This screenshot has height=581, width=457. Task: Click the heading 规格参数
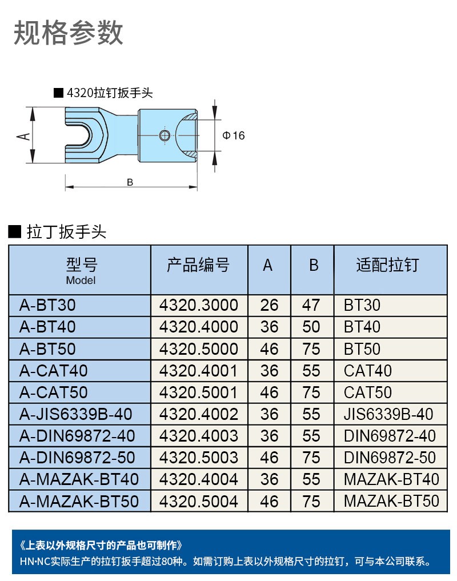pyautogui.click(x=69, y=33)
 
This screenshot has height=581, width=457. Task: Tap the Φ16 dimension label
pyautogui.click(x=233, y=135)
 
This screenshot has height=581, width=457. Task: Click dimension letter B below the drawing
pyautogui.click(x=130, y=182)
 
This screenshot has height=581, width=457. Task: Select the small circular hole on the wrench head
pyautogui.click(x=165, y=135)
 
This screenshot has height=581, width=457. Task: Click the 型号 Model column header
pyautogui.click(x=81, y=270)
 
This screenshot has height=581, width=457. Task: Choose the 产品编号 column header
pyautogui.click(x=198, y=265)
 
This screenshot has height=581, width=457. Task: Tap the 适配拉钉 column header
pyautogui.click(x=387, y=265)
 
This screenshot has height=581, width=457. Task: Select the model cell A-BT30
pyautogui.click(x=47, y=305)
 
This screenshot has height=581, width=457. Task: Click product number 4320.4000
pyautogui.click(x=198, y=327)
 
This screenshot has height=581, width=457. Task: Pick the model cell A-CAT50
pyautogui.click(x=54, y=392)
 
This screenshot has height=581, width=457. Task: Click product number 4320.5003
pyautogui.click(x=198, y=458)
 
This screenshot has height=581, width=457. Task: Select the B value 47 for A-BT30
pyautogui.click(x=311, y=305)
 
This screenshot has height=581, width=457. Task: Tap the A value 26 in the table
pyautogui.click(x=269, y=305)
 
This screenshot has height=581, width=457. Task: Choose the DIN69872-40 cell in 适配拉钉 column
pyautogui.click(x=390, y=436)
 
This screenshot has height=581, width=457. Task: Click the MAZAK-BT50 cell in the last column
pyautogui.click(x=391, y=501)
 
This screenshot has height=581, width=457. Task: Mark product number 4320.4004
pyautogui.click(x=198, y=479)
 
